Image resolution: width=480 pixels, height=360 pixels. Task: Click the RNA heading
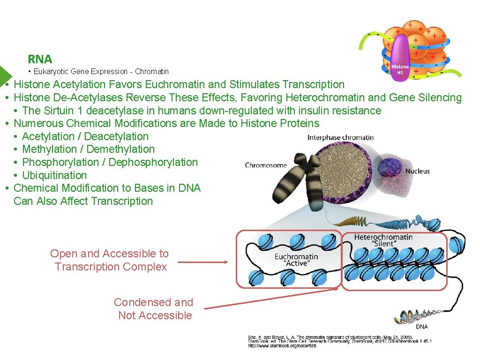(40, 59)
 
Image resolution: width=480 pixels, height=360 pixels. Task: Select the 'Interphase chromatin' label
(340, 137)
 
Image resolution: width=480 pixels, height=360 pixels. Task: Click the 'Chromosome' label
(265, 165)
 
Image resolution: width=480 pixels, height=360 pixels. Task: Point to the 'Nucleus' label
(417, 171)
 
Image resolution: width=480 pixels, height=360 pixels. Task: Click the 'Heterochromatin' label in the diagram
(383, 237)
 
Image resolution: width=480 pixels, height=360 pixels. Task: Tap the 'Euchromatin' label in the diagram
(296, 256)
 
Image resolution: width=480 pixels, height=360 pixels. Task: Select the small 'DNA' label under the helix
(421, 327)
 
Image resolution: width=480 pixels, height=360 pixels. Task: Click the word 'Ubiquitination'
(54, 175)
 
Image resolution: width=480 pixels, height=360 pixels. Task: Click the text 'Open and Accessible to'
(109, 254)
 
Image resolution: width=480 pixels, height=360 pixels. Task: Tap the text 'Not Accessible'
(155, 315)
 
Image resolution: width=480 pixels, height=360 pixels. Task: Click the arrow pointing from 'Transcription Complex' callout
(202, 262)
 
